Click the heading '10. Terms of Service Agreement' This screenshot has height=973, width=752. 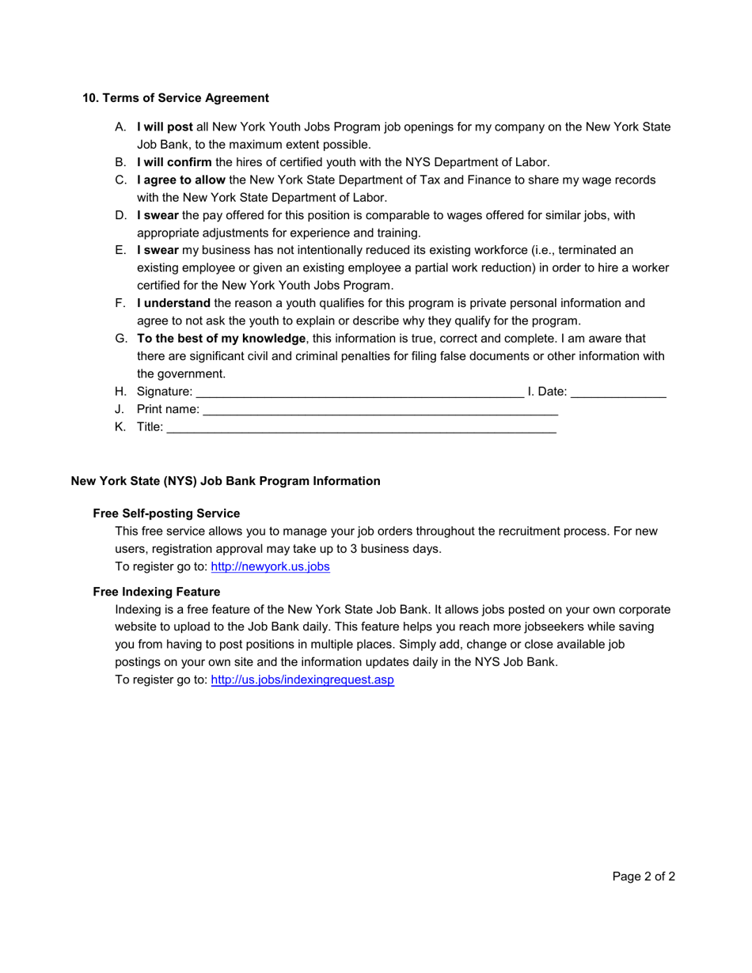pos(176,98)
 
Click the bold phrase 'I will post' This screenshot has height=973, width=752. pos(165,127)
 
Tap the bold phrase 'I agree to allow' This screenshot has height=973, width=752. pos(180,180)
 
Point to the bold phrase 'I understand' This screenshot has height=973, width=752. pos(173,303)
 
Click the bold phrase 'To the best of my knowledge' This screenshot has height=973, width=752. pos(221,339)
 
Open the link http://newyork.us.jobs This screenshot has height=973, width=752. pos(270,566)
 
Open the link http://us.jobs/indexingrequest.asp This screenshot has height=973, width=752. pos(302,680)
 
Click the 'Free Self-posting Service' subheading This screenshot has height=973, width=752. pos(166,513)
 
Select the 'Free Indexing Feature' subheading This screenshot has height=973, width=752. pos(156,592)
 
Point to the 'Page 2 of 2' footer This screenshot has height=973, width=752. pos(644,876)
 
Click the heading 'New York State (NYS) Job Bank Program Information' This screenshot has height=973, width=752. pos(226,481)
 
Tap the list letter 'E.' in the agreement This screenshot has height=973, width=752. pos(120,250)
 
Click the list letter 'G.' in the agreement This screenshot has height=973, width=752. pos(120,339)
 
